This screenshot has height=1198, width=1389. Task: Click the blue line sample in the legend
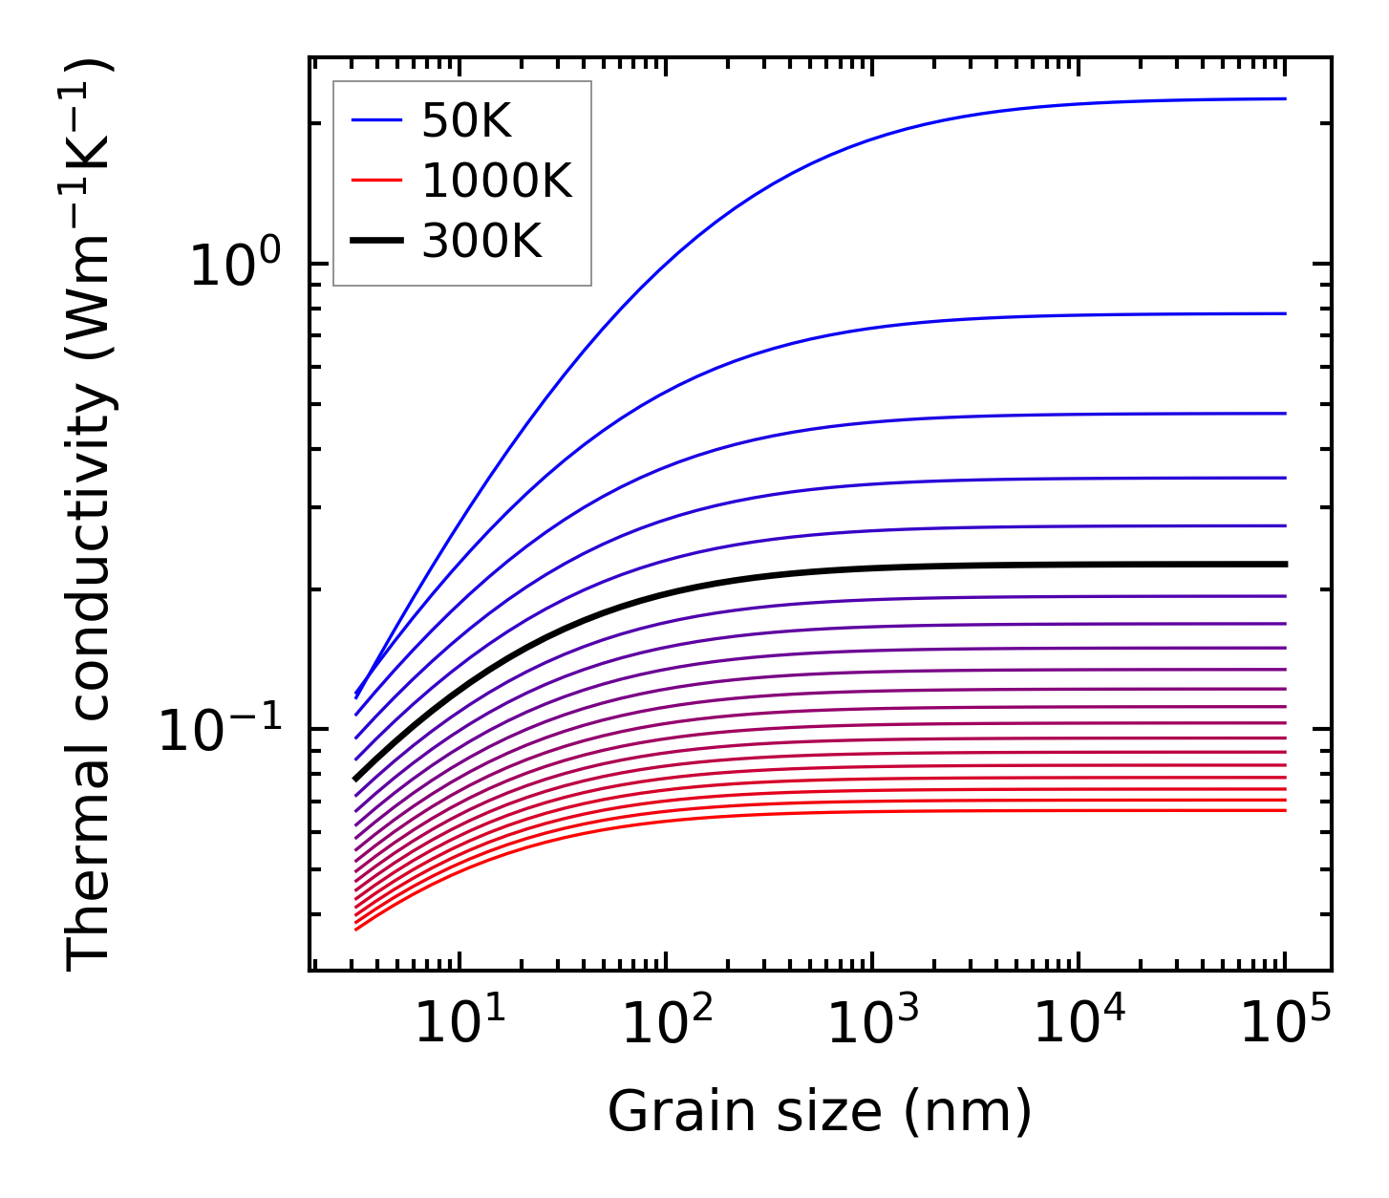(377, 120)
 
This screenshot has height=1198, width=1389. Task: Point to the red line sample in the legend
(377, 181)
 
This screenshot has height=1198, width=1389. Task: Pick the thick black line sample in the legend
(377, 241)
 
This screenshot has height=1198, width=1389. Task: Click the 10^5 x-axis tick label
(1285, 1024)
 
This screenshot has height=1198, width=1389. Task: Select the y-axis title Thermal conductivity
(90, 514)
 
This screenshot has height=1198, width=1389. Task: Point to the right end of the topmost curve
(1284, 98)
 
